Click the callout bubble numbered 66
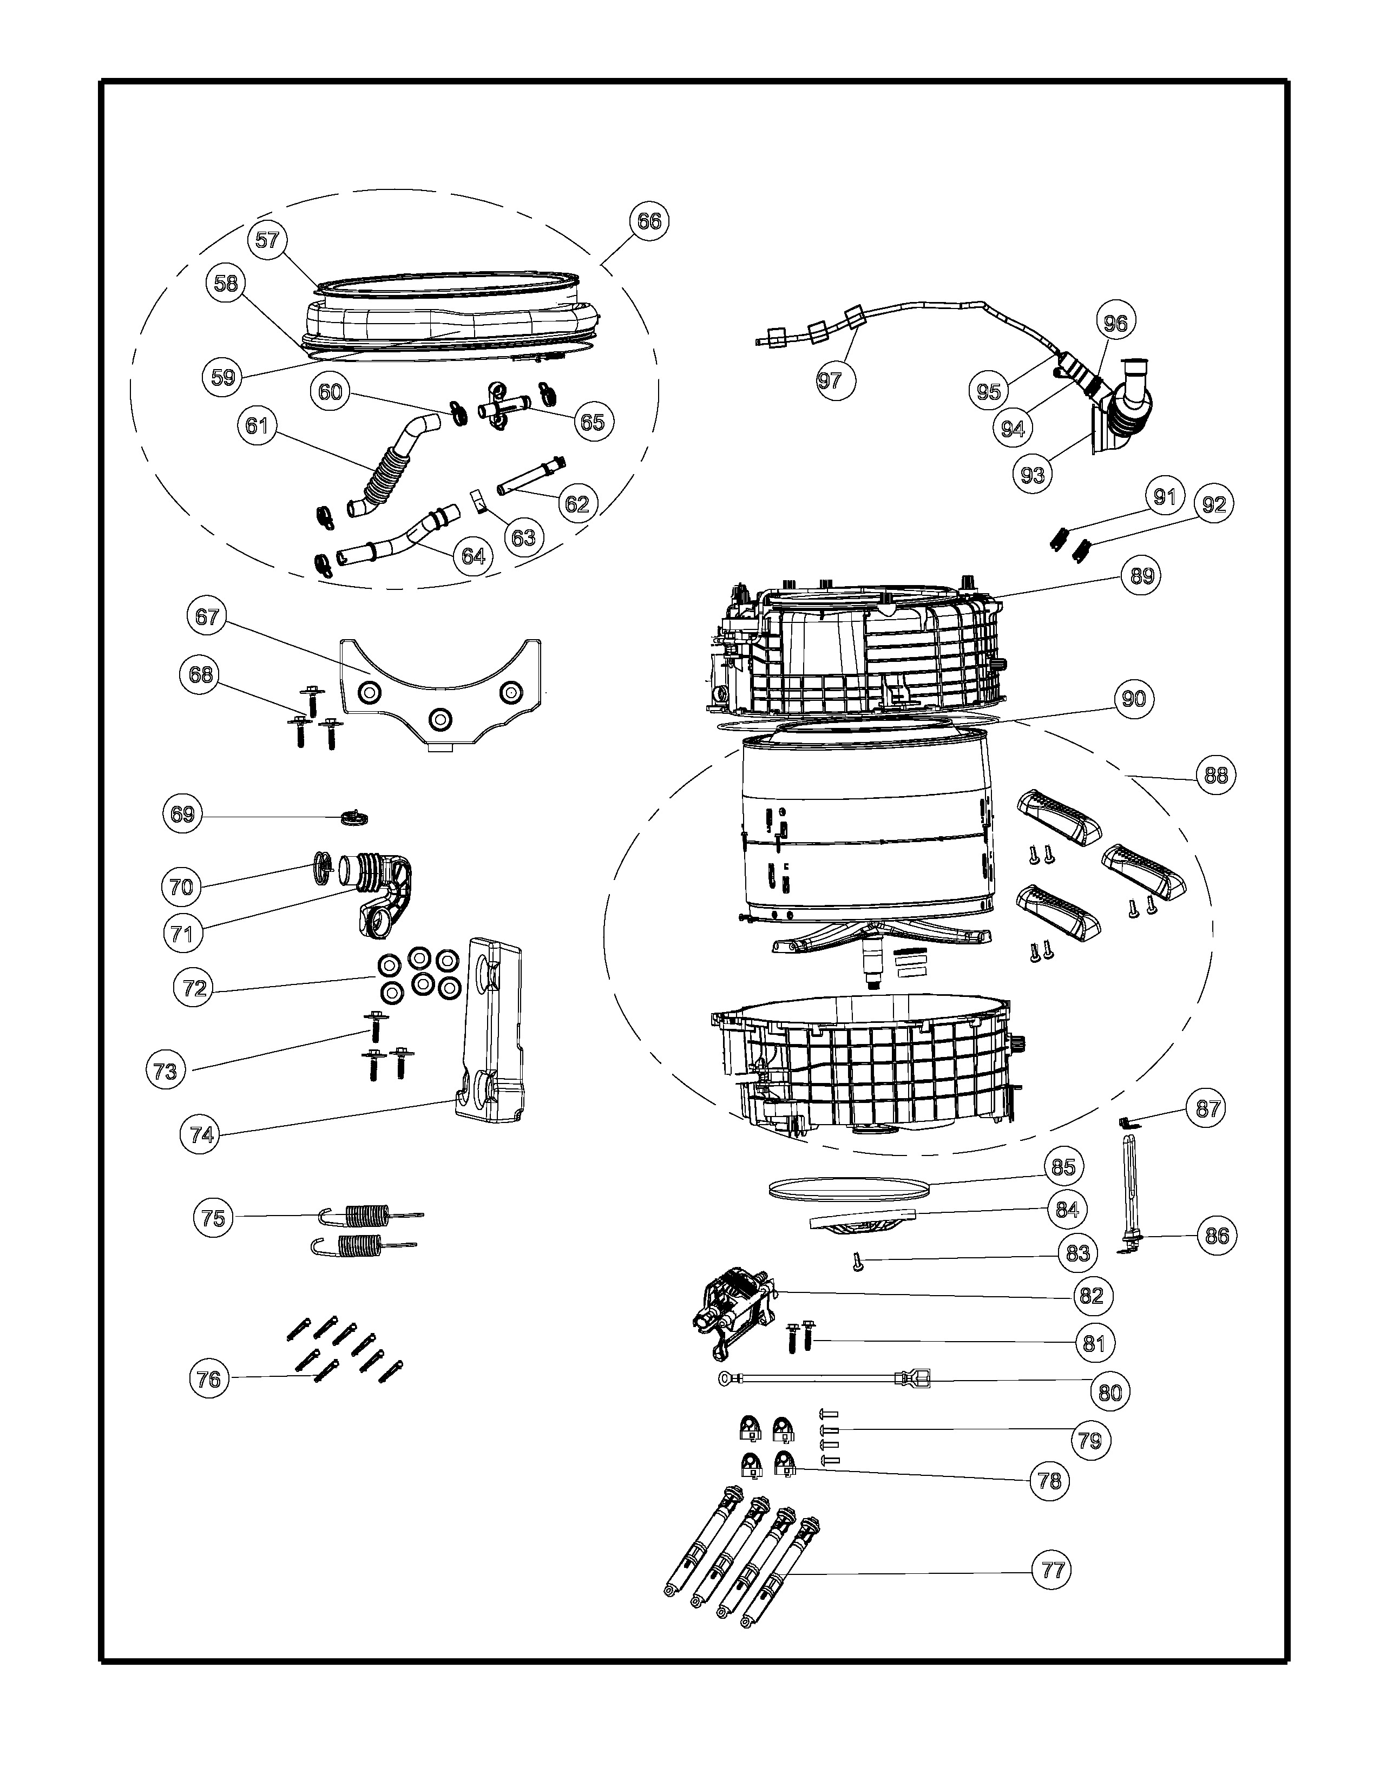(x=648, y=221)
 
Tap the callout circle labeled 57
(x=267, y=240)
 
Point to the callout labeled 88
(x=1215, y=774)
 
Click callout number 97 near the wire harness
(x=829, y=380)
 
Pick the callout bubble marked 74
(x=201, y=1134)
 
